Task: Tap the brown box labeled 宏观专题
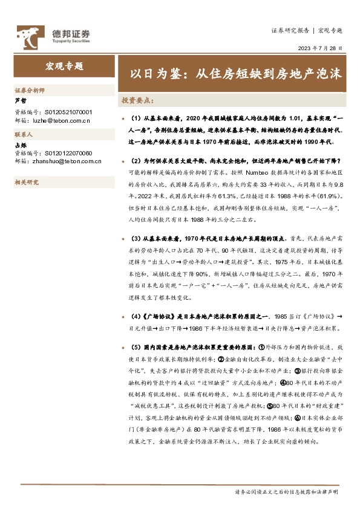tap(64, 66)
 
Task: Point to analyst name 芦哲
tap(21, 101)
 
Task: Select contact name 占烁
tap(21, 145)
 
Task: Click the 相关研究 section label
tap(26, 182)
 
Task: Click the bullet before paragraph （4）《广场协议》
tap(123, 317)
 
